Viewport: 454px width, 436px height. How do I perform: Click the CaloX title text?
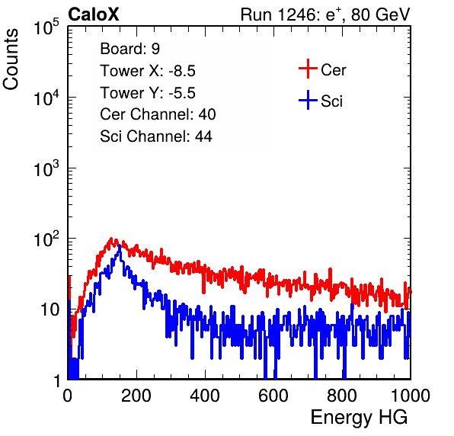(x=93, y=14)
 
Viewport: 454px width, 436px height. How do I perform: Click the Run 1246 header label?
(x=325, y=14)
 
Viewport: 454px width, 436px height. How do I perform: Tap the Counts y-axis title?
(x=11, y=59)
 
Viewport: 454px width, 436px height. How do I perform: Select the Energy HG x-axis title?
(x=359, y=418)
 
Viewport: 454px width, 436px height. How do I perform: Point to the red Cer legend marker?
(x=308, y=69)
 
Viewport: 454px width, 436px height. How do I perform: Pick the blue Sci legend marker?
(x=308, y=101)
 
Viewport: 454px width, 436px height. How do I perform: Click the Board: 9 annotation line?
(x=129, y=49)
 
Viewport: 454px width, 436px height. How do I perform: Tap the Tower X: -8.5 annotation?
(x=148, y=71)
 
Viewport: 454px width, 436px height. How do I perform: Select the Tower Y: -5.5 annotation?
(x=148, y=93)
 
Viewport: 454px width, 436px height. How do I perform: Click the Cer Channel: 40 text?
(x=158, y=114)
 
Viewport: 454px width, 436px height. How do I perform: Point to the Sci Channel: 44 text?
(x=156, y=136)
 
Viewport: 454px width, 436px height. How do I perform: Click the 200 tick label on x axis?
(x=136, y=396)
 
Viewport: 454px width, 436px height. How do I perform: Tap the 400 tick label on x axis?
(x=205, y=396)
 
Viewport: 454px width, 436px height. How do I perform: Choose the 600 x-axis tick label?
(x=273, y=396)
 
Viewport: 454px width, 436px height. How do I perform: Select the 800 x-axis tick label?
(x=342, y=396)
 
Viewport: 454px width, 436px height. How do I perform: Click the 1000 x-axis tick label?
(x=411, y=396)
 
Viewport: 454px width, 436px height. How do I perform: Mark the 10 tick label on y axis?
(x=50, y=310)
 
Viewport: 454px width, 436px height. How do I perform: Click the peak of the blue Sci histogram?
(x=120, y=245)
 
